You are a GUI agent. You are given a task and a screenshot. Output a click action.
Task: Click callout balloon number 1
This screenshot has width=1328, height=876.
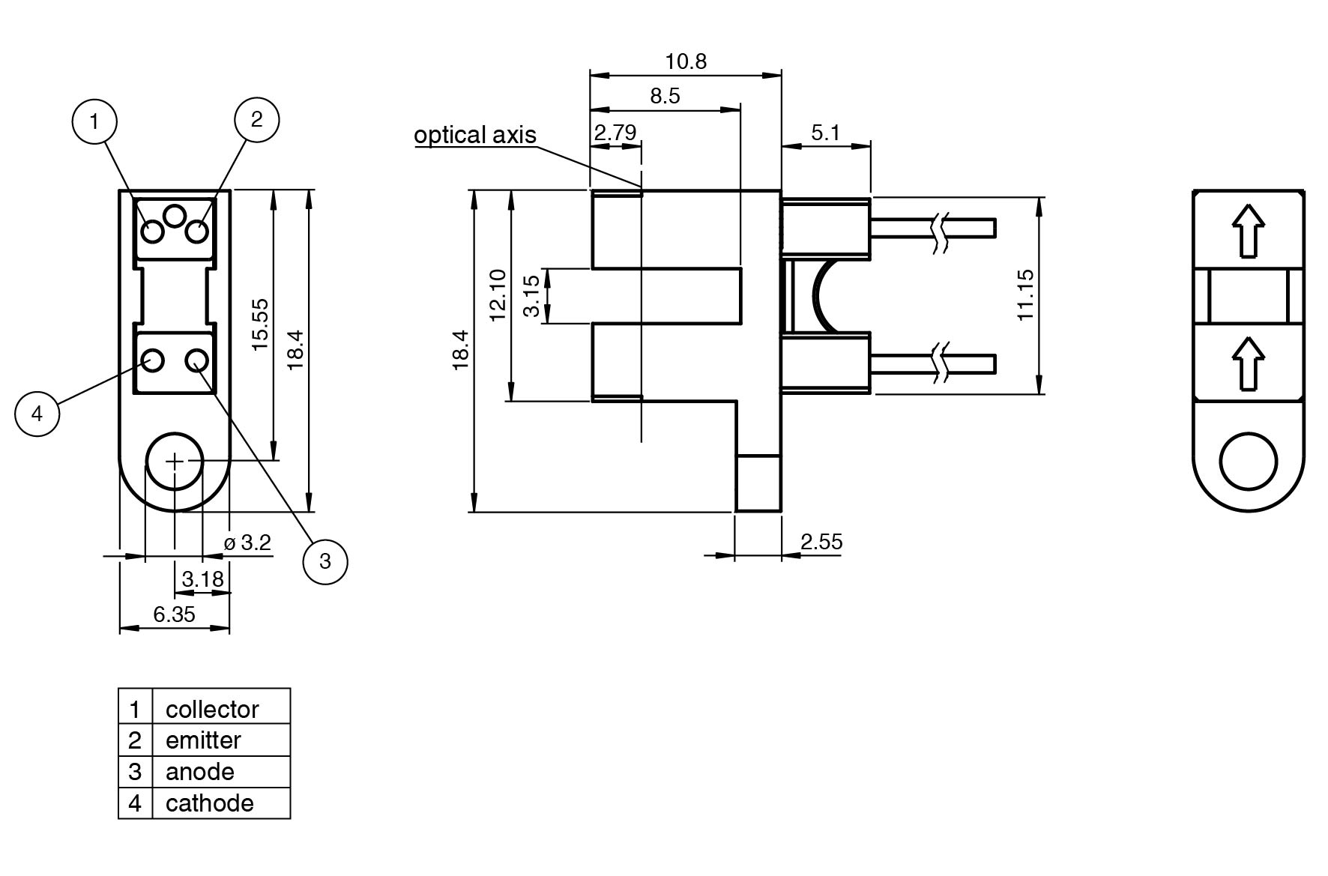(x=94, y=121)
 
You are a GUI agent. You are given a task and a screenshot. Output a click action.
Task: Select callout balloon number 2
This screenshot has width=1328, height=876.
(x=257, y=118)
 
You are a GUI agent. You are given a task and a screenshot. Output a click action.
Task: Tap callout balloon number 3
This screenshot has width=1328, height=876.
(x=325, y=561)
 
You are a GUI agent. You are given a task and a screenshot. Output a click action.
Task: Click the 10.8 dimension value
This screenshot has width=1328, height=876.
(x=686, y=61)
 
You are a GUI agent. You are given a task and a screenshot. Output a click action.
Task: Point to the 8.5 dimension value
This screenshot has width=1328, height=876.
(x=665, y=96)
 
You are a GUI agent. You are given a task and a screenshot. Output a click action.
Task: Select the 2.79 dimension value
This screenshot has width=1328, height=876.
(x=615, y=133)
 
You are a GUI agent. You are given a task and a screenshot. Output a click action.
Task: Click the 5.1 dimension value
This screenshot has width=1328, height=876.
(x=825, y=133)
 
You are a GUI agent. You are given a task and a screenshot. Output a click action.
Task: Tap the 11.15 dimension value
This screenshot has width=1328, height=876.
(x=1025, y=294)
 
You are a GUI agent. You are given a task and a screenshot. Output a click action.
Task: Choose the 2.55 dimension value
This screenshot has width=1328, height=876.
(x=821, y=541)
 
